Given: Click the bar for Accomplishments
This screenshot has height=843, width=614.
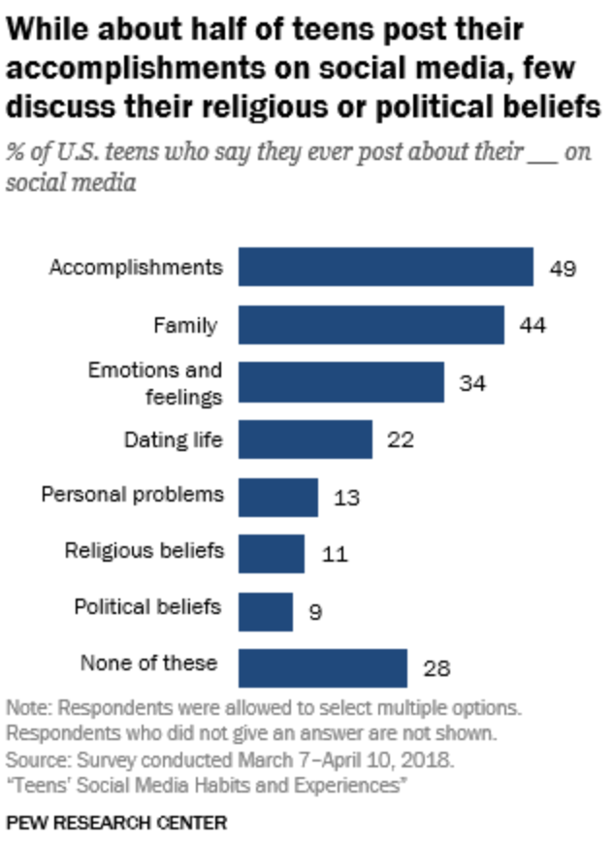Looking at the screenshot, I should pyautogui.click(x=385, y=267).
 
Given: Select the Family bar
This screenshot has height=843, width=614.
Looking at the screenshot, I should pyautogui.click(x=371, y=324).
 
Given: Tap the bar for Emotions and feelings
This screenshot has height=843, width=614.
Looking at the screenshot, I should pyautogui.click(x=340, y=382).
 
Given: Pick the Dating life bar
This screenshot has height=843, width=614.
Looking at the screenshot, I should pyautogui.click(x=305, y=439).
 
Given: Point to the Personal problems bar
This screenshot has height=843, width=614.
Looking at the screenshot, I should pyautogui.click(x=277, y=497).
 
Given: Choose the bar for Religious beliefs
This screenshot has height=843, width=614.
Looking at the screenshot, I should pyautogui.click(x=271, y=554).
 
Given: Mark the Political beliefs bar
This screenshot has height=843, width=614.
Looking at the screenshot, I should pyautogui.click(x=265, y=611).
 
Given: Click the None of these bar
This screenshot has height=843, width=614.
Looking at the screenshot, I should pyautogui.click(x=322, y=667).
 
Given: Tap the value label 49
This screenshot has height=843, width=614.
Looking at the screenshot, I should pyautogui.click(x=563, y=268).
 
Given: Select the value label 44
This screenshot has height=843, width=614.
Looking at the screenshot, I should pyautogui.click(x=533, y=325).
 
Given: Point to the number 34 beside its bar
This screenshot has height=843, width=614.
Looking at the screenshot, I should pyautogui.click(x=472, y=383).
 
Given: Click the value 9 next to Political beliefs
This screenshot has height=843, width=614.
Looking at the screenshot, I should pyautogui.click(x=315, y=612).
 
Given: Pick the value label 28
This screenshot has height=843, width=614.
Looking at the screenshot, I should pyautogui.click(x=436, y=668).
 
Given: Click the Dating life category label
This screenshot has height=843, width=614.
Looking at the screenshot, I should pyautogui.click(x=173, y=439).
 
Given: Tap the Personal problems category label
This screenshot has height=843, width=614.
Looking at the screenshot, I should pyautogui.click(x=132, y=494).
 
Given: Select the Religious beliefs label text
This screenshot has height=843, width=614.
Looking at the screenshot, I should pyautogui.click(x=145, y=551).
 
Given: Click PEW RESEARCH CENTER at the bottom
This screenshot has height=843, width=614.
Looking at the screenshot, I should pyautogui.click(x=116, y=823).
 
